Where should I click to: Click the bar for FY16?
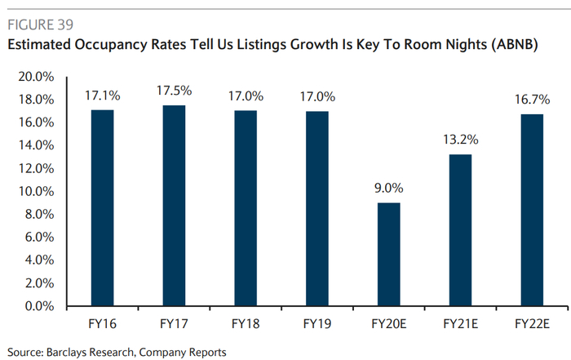[102, 208]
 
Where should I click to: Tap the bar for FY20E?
[388, 255]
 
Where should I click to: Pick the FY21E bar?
[459, 230]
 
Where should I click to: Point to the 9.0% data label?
[388, 189]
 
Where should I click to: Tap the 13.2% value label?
[460, 140]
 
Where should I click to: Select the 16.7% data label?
[532, 100]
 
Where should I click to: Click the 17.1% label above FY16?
[102, 96]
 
